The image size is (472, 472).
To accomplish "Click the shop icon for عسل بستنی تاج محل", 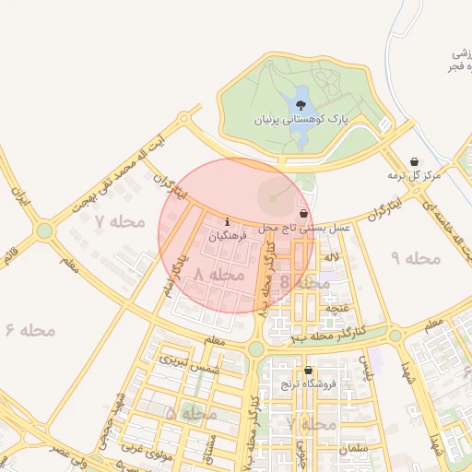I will (303, 212).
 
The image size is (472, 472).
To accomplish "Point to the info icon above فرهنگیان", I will (228, 222).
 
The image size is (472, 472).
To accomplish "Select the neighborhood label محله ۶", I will (30, 330).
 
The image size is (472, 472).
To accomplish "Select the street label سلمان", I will (351, 447).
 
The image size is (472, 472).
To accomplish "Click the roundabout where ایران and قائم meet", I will (43, 230).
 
